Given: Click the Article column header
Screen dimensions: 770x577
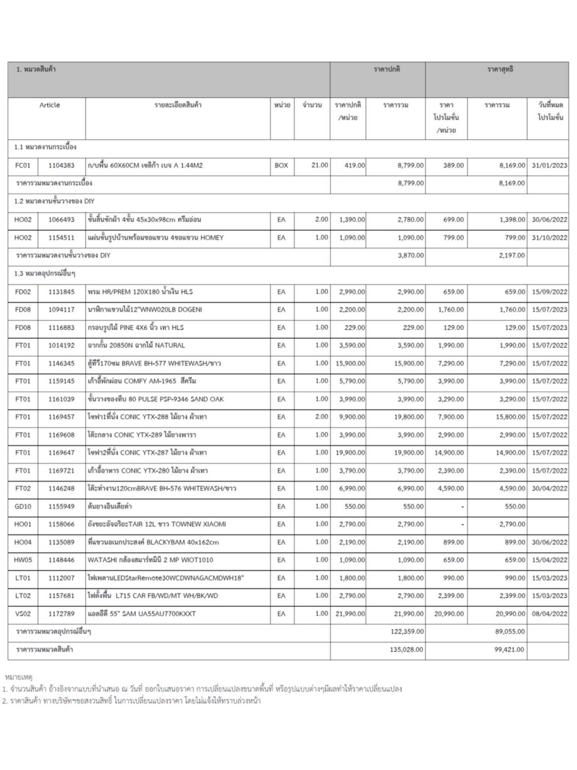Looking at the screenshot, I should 50,105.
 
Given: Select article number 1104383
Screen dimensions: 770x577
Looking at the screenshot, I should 61,165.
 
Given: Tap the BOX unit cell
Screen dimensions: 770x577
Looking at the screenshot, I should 281,165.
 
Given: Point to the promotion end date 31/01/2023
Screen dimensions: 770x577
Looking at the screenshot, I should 549,165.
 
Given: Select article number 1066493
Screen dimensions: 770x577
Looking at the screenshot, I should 61,219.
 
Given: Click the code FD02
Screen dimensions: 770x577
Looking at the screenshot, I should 23,292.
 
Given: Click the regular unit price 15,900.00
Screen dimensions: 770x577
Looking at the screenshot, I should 350,363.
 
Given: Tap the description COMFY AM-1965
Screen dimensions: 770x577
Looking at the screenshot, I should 142,381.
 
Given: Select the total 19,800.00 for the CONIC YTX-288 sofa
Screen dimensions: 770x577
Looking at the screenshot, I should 409,417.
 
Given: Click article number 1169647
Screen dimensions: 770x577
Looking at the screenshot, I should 61,453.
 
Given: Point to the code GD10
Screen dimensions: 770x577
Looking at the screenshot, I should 23,506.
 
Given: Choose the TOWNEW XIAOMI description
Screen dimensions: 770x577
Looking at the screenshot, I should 157,524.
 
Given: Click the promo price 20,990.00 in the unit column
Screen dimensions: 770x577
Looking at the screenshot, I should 449,614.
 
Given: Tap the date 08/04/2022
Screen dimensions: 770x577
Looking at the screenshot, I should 549,614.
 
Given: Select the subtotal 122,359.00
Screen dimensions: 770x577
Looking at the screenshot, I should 407,631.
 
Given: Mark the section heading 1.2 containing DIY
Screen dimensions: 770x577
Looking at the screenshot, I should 54,201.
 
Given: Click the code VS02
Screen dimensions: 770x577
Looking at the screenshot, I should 23,614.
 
